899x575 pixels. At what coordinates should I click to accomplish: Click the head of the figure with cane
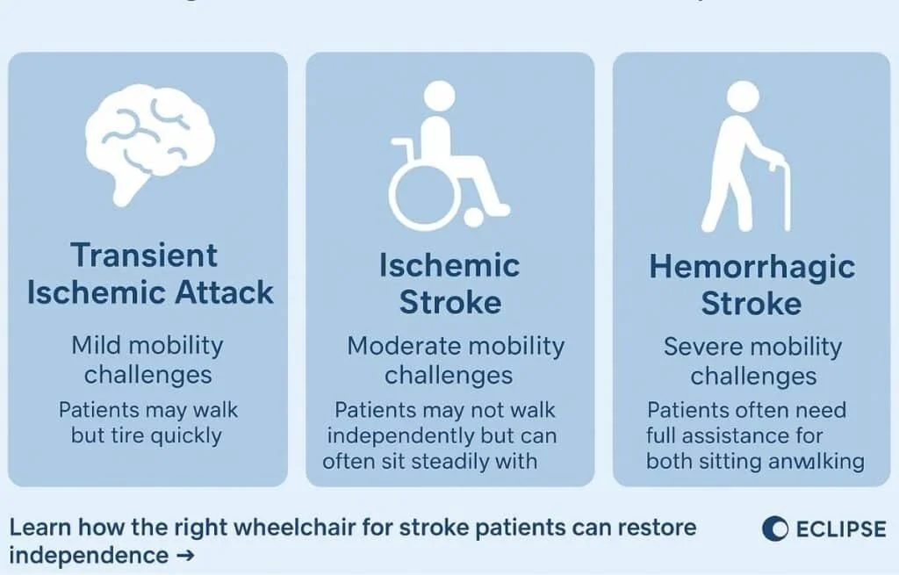(743, 97)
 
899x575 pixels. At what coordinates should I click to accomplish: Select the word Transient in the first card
(144, 255)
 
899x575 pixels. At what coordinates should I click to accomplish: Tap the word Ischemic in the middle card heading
(449, 265)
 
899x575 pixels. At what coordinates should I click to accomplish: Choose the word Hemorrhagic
(752, 267)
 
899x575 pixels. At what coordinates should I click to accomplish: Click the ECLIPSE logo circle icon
(775, 528)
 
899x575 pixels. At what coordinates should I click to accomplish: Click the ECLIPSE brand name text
(840, 529)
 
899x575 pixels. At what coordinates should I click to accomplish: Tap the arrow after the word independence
(183, 556)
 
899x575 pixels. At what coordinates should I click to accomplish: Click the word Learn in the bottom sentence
(40, 528)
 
